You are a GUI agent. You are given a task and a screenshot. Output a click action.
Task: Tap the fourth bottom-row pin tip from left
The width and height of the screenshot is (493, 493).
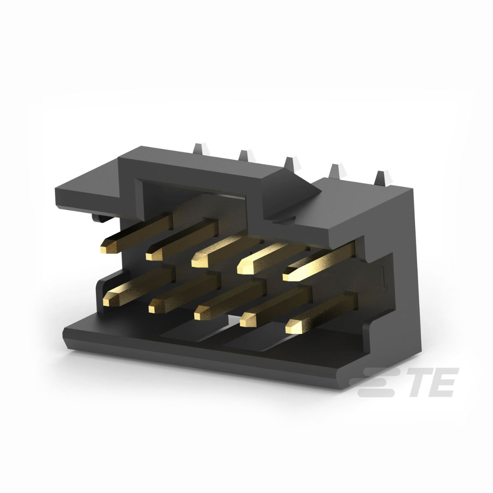click(x=246, y=320)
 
